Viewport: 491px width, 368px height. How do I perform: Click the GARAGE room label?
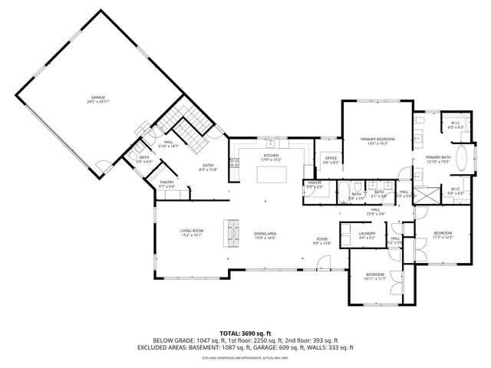pos(98,97)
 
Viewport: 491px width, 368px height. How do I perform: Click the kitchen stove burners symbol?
pos(234,163)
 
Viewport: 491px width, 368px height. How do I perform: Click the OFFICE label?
pos(330,158)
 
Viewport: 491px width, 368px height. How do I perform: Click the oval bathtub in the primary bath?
pos(463,160)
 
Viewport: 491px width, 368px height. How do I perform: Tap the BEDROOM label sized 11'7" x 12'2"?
pos(443,232)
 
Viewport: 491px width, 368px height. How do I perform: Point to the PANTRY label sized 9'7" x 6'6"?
pos(166,182)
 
